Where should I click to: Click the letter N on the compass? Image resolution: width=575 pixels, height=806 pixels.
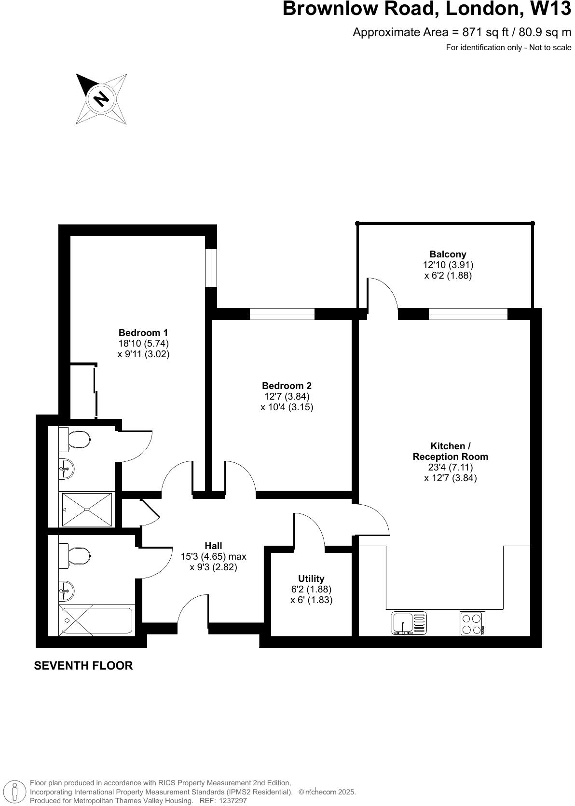click(101, 98)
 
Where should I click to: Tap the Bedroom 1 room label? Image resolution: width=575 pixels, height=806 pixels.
click(143, 333)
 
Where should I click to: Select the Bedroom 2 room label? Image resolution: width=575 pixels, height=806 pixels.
click(287, 386)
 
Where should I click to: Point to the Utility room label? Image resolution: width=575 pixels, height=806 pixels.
click(311, 578)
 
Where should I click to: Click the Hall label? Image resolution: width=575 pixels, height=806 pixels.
click(213, 546)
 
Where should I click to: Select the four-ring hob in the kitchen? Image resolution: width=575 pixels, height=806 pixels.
click(472, 623)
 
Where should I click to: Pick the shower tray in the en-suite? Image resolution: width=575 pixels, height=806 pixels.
click(87, 510)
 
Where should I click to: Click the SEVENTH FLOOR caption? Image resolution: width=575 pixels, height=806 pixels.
click(83, 666)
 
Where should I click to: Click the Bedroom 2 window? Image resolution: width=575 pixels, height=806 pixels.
click(282, 314)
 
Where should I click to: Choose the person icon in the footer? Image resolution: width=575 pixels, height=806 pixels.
click(15, 791)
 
